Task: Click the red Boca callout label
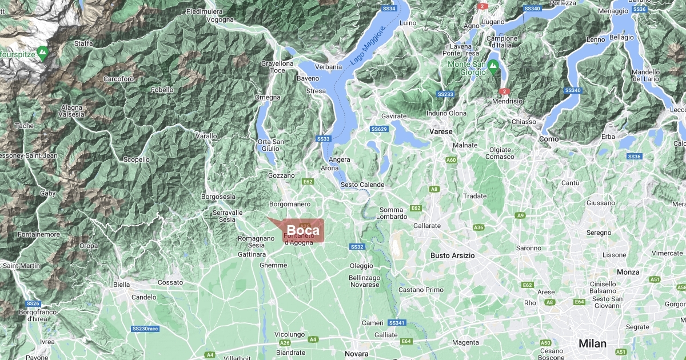pos(303,230)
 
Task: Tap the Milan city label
pos(592,343)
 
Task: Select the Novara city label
pos(357,354)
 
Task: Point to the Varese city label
pos(441,131)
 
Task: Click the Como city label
pos(549,139)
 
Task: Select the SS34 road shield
pos(389,9)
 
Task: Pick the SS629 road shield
pos(379,129)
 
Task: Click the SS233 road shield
pos(445,94)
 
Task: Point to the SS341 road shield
pos(396,323)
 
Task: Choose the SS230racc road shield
pos(145,329)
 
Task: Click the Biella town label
pos(122,284)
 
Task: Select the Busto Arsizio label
pos(453,255)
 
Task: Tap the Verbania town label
pos(328,67)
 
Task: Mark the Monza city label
pos(628,272)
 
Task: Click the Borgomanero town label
pos(290,204)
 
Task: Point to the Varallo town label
pos(206,136)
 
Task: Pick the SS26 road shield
pos(33,303)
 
